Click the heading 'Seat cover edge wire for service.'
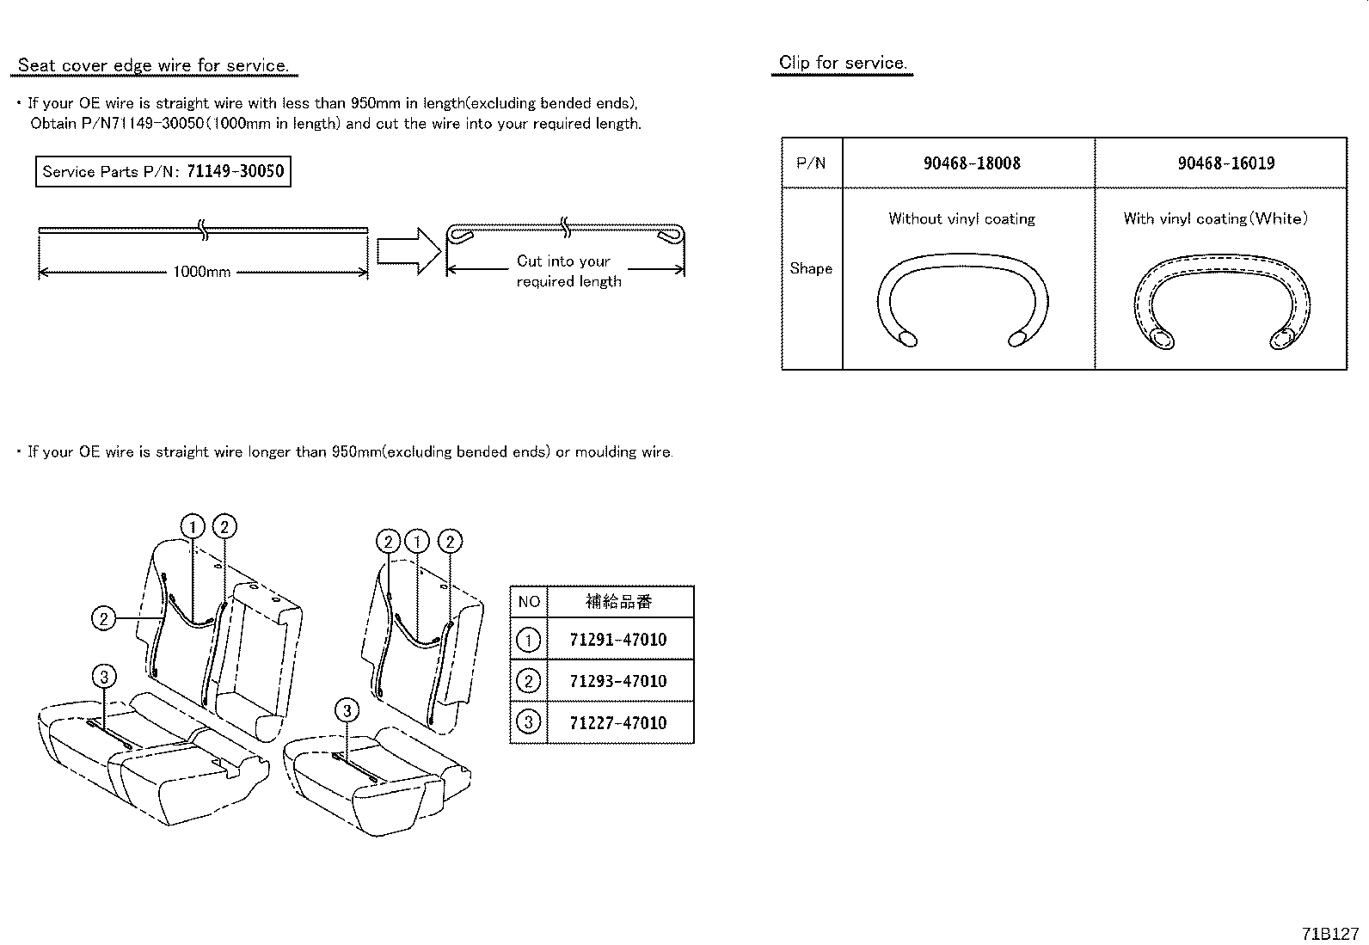pyautogui.click(x=153, y=65)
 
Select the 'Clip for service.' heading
pyautogui.click(x=843, y=63)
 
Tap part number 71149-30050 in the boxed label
pyautogui.click(x=236, y=171)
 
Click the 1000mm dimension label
pyautogui.click(x=202, y=272)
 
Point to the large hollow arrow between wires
pyautogui.click(x=408, y=250)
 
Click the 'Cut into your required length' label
pyautogui.click(x=568, y=271)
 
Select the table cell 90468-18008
pyautogui.click(x=972, y=163)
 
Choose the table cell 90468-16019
pyautogui.click(x=1226, y=163)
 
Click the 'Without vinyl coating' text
pyautogui.click(x=962, y=218)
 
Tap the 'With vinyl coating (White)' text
pyautogui.click(x=1215, y=218)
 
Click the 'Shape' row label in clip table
pyautogui.click(x=811, y=268)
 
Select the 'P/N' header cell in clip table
pyautogui.click(x=811, y=163)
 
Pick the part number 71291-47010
pyautogui.click(x=618, y=640)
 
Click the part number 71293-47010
pyautogui.click(x=618, y=681)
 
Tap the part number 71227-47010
pyautogui.click(x=618, y=722)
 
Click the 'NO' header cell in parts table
pyautogui.click(x=529, y=602)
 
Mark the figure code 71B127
pyautogui.click(x=1330, y=934)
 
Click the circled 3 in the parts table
pyautogui.click(x=529, y=722)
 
